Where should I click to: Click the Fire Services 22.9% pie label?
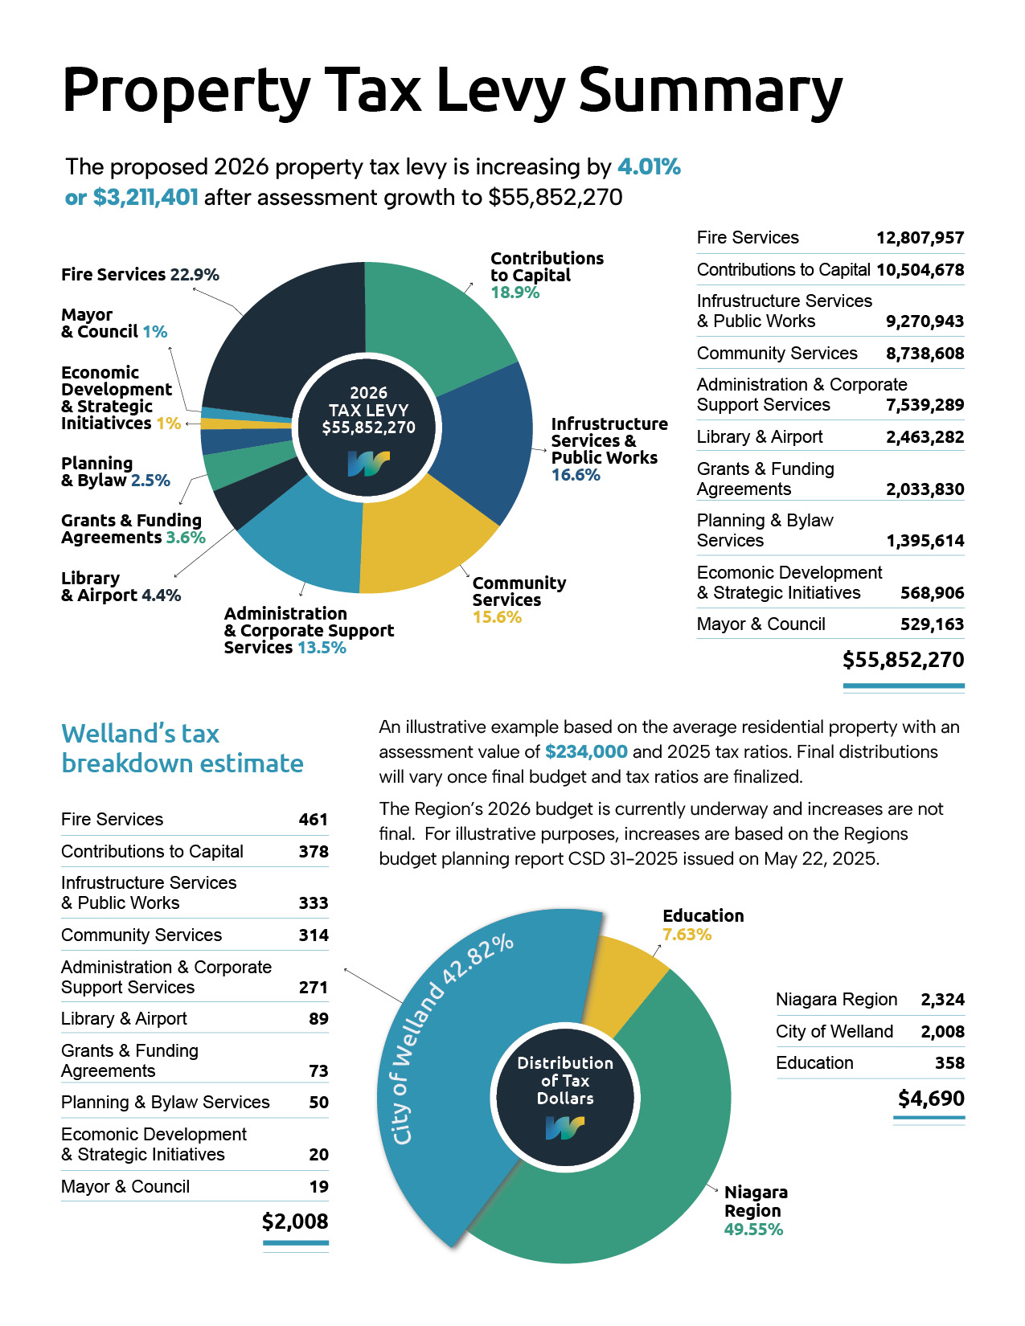[x=140, y=275]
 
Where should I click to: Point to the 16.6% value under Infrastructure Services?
[x=576, y=475]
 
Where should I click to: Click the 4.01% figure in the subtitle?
[x=649, y=167]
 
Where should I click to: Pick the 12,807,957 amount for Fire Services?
[x=920, y=238]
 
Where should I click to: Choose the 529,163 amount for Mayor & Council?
[x=932, y=624]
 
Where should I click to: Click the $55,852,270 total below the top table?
[x=903, y=660]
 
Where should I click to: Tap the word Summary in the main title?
[x=710, y=90]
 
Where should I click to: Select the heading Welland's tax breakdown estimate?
[x=182, y=748]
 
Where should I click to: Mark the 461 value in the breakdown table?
[x=313, y=820]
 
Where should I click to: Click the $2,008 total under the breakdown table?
[x=295, y=1222]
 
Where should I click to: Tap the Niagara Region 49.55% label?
[x=755, y=1210]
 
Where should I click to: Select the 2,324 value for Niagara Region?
[x=942, y=1000]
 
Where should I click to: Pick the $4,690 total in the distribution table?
[x=931, y=1099]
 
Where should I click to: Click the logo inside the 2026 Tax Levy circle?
[x=368, y=464]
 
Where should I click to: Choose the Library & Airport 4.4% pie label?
[x=121, y=587]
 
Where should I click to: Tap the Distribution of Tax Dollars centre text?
[x=565, y=1081]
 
